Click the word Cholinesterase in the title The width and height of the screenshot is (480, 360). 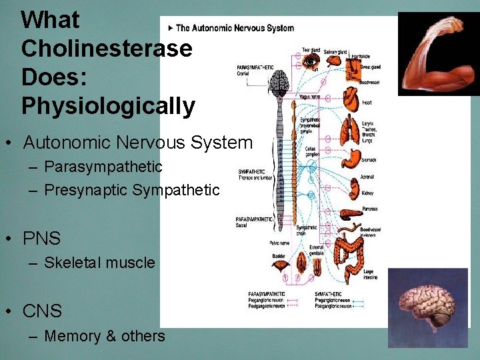pos(107,49)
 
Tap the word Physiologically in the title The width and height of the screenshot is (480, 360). pos(108,105)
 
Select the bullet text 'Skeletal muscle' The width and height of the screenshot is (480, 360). pos(99,263)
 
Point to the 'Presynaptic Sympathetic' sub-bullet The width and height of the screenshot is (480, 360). pos(131,190)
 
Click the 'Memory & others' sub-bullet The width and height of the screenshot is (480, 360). pos(104,336)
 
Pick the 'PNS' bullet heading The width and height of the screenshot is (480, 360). pos(42,238)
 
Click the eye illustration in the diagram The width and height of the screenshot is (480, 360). pos(311,61)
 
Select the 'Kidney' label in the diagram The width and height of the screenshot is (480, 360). pos(368,193)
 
